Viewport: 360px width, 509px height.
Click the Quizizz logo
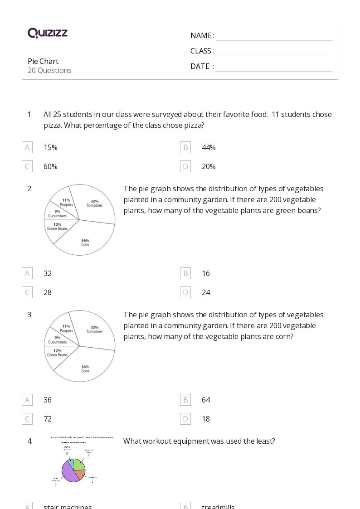click(48, 33)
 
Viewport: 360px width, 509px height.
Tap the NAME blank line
click(274, 36)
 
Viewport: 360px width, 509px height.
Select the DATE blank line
click(274, 67)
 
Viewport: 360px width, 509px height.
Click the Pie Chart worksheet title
click(43, 61)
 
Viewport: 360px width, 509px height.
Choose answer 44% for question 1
click(209, 147)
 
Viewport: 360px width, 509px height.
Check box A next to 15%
click(27, 147)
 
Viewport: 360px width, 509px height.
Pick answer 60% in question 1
click(50, 166)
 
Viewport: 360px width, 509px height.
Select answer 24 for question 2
click(206, 292)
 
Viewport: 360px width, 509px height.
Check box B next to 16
click(185, 273)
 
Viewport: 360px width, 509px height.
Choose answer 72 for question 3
click(48, 419)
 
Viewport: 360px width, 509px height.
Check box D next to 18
click(185, 419)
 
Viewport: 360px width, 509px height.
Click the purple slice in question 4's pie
click(68, 471)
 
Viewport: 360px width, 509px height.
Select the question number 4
click(30, 441)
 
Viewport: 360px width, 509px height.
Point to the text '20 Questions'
click(49, 70)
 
